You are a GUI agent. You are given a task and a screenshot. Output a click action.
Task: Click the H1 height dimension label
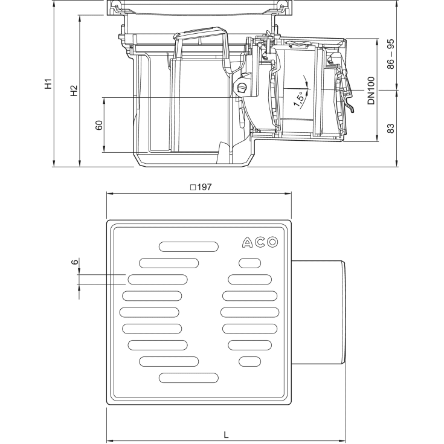pos(49,84)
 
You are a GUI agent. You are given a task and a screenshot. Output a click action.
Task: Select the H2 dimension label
pos(74,91)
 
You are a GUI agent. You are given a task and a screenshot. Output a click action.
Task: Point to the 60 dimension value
pos(99,125)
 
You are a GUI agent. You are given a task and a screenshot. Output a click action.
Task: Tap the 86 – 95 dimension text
pos(391,54)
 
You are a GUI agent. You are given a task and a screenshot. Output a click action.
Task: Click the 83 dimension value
pos(391,128)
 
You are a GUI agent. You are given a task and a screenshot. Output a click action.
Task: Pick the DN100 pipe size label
pos(372,91)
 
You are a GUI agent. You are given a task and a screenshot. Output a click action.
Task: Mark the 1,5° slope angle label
pos(299,100)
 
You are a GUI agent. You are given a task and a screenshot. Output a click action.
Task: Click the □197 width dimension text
pos(201,187)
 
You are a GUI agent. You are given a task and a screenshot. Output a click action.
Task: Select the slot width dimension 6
pos(75,262)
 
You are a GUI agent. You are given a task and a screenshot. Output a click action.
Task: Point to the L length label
pos(226,435)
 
